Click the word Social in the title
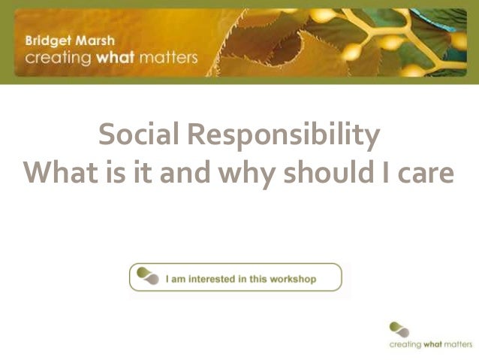click(x=140, y=135)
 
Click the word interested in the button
click(x=209, y=279)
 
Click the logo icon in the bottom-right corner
click(x=399, y=328)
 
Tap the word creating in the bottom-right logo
click(x=406, y=345)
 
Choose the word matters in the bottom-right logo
click(x=456, y=345)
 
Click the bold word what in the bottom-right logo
click(x=432, y=345)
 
